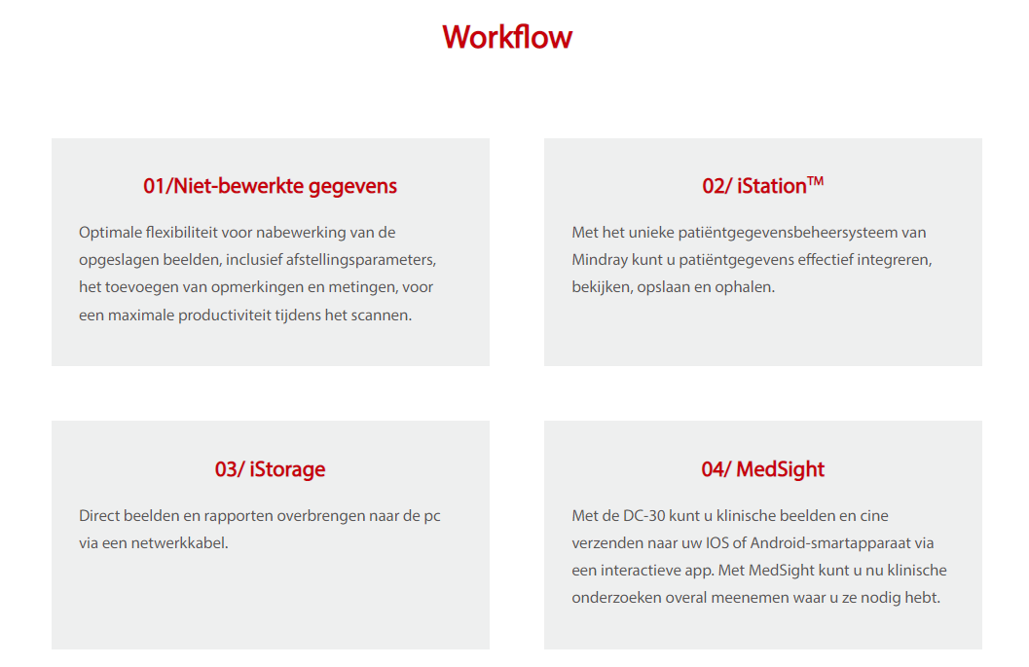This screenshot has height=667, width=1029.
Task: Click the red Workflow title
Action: coord(507,37)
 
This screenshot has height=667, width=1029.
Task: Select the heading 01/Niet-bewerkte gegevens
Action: coord(271,186)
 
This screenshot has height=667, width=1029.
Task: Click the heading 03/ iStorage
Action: coord(271,469)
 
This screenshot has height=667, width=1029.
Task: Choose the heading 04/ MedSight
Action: coord(763,469)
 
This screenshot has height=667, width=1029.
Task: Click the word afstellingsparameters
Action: coord(360,260)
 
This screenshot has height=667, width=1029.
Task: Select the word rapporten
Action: coord(239,516)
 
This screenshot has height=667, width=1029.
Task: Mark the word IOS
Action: coord(717,543)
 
